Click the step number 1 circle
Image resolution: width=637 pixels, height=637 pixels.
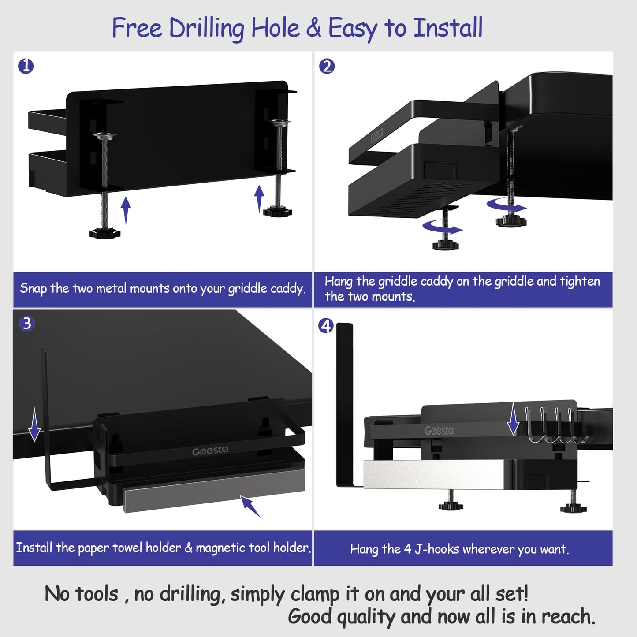[x=26, y=66]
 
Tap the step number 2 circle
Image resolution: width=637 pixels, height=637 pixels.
[x=327, y=67]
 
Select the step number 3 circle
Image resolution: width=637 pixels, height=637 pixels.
[x=27, y=324]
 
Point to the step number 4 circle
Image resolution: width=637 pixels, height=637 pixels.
[x=326, y=326]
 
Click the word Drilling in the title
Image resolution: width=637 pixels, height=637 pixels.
[x=206, y=29]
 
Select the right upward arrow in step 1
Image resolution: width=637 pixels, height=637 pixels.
[x=260, y=198]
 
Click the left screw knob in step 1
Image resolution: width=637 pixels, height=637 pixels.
[x=104, y=233]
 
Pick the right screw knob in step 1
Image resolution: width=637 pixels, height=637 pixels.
[x=278, y=212]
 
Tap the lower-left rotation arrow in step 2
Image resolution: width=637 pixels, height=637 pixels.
[x=442, y=227]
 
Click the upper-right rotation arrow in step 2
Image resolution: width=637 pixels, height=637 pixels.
[x=507, y=205]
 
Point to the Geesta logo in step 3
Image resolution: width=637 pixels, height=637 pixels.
[x=210, y=451]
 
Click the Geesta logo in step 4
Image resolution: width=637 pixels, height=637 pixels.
[x=439, y=431]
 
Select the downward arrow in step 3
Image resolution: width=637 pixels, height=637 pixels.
[x=34, y=424]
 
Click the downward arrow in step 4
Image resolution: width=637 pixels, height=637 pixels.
[x=513, y=418]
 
